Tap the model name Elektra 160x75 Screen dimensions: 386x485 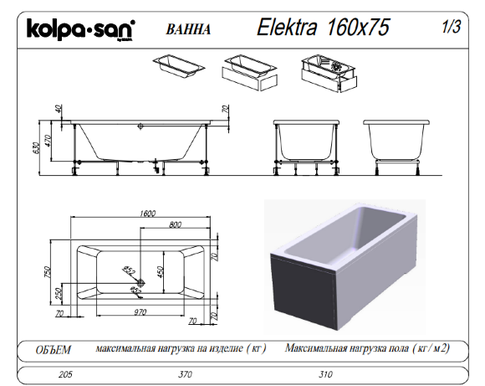(324, 28)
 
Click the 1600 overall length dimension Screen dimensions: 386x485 (148, 214)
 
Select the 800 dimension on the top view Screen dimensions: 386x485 (176, 225)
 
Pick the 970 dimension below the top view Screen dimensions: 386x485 (140, 311)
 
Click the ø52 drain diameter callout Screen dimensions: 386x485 (131, 270)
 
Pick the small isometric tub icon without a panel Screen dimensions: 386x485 (174, 65)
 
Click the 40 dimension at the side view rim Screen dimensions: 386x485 (59, 109)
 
